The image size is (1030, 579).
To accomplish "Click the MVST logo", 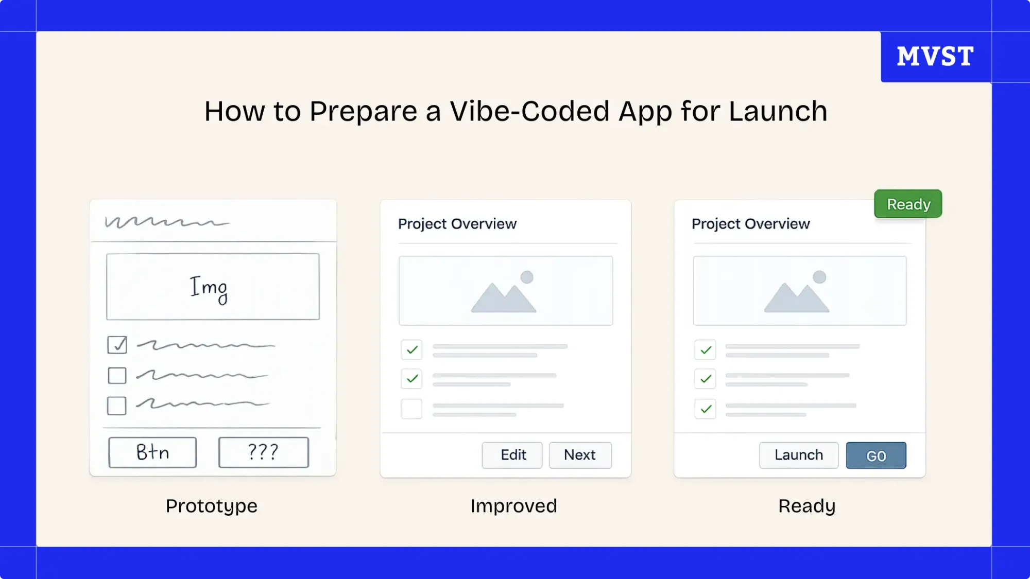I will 935,56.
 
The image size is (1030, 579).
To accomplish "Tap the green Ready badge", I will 908,204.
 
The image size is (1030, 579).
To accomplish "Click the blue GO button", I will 875,455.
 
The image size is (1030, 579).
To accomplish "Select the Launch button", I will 798,455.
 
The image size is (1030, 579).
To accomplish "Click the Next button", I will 580,455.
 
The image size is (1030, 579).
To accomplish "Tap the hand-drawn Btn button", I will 152,452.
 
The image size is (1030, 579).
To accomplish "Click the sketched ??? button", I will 263,452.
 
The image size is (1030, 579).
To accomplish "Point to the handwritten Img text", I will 209,289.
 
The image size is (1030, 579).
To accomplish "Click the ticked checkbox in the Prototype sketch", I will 117,345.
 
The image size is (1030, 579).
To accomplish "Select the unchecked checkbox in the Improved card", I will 411,409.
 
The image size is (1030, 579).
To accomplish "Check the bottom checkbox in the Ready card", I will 705,409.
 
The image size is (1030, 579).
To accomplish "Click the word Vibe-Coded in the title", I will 529,111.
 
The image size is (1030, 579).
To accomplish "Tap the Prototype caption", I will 211,506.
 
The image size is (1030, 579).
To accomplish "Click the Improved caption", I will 513,506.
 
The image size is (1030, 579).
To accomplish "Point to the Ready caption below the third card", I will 806,506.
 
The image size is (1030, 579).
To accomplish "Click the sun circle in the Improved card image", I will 527,277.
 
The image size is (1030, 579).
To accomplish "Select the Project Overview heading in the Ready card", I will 750,224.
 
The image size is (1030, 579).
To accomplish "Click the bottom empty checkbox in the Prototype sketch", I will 117,406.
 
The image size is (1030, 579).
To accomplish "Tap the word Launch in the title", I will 778,111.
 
